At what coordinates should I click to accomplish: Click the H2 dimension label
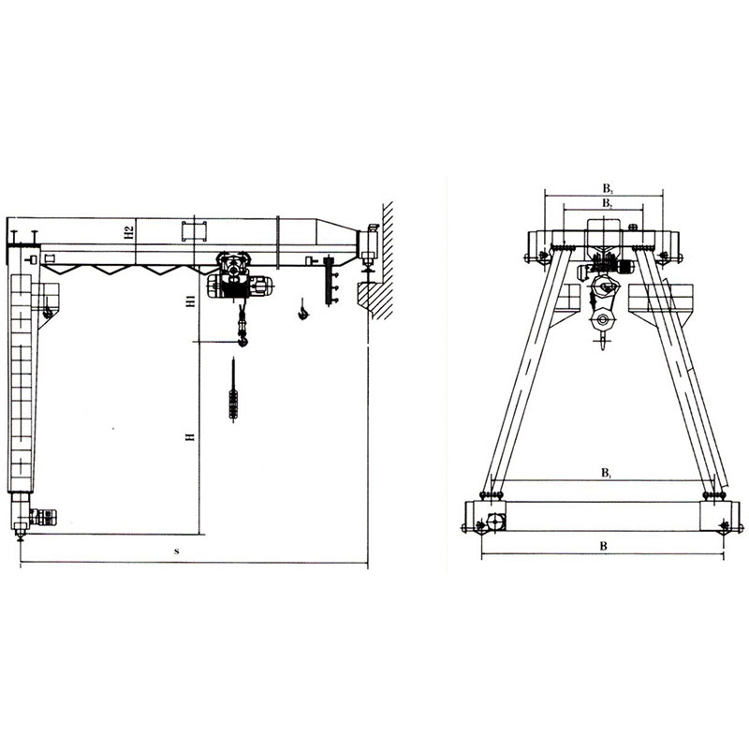click(x=128, y=232)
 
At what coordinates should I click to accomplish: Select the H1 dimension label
click(x=191, y=301)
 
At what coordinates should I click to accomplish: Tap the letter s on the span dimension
click(x=176, y=551)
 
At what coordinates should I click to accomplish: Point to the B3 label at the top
click(x=607, y=188)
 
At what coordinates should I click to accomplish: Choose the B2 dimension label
click(x=607, y=203)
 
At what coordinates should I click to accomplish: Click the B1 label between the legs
click(x=606, y=474)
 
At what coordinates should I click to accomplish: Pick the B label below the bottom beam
click(x=603, y=546)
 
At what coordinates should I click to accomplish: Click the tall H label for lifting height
click(x=191, y=436)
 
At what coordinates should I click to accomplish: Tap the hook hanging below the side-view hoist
click(x=243, y=340)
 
